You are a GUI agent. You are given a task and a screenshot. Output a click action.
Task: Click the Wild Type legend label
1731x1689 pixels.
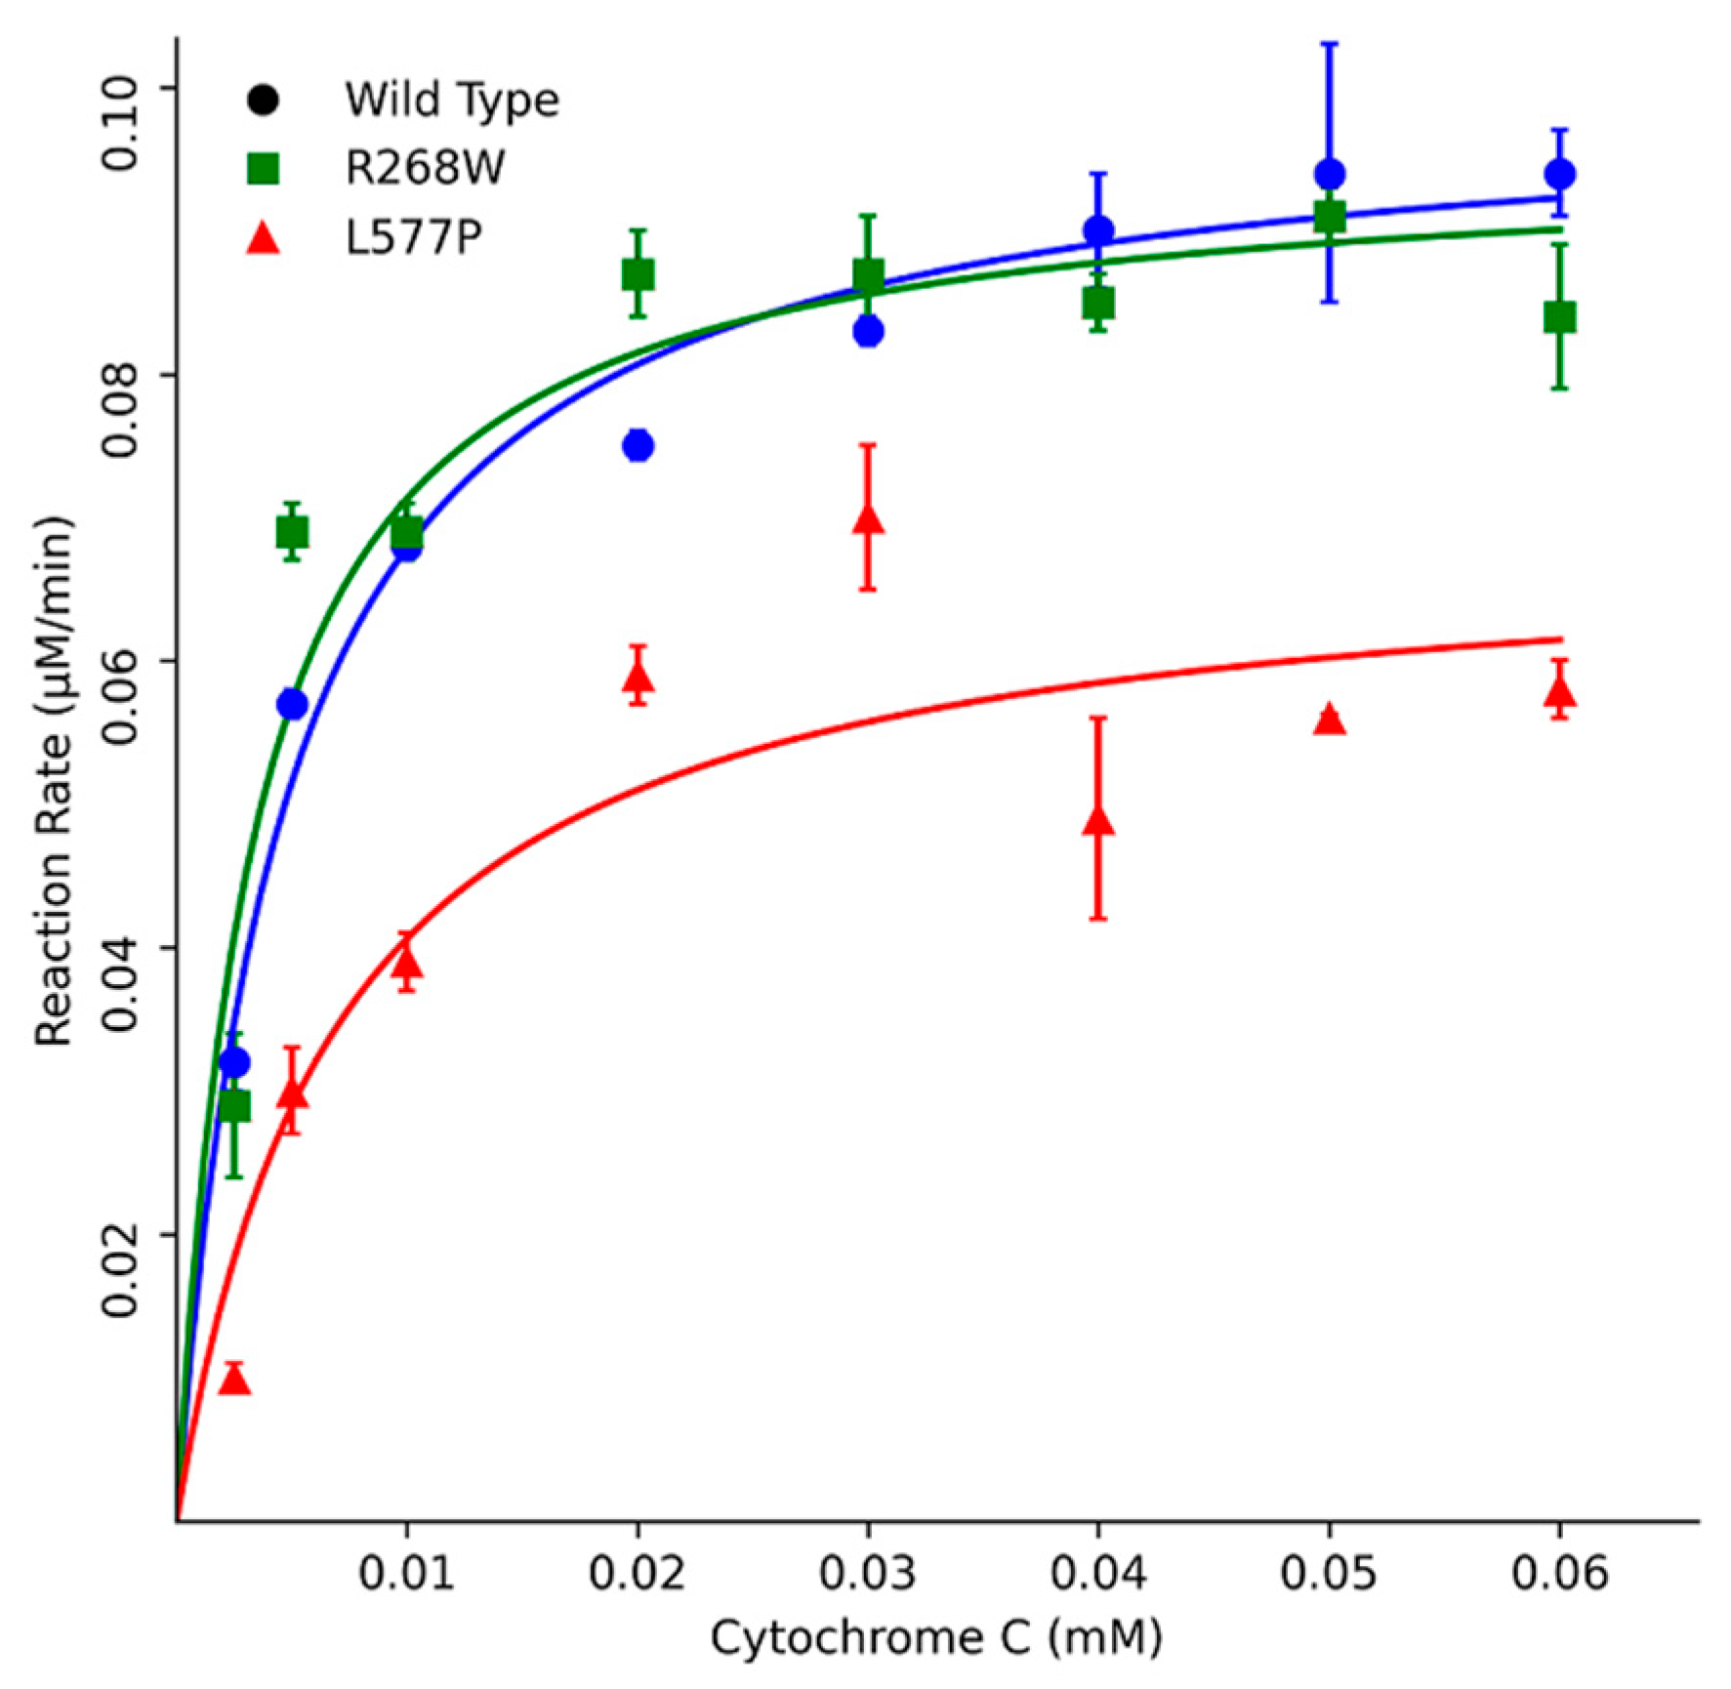coord(451,100)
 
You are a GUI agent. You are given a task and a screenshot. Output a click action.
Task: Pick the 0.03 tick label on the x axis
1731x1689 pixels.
coord(867,1574)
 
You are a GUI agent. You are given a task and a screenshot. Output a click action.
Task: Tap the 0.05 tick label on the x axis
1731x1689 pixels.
coord(1329,1574)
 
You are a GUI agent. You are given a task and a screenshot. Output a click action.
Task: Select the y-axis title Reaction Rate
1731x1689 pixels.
coord(55,781)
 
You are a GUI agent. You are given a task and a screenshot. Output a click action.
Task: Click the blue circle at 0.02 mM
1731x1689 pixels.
coord(638,445)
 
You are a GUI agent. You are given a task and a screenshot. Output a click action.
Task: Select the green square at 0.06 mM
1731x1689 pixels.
coord(1559,317)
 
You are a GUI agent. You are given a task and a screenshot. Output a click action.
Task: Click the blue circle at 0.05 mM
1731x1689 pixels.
coord(1329,175)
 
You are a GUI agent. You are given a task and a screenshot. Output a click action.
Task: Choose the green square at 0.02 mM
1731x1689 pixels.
coord(638,275)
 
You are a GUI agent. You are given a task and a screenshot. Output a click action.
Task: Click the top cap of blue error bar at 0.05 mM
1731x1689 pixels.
coord(1329,44)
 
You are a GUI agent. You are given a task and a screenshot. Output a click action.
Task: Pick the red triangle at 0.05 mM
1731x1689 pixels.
coord(1329,721)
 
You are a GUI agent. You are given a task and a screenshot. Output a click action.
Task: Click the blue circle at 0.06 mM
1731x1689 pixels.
coord(1559,175)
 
